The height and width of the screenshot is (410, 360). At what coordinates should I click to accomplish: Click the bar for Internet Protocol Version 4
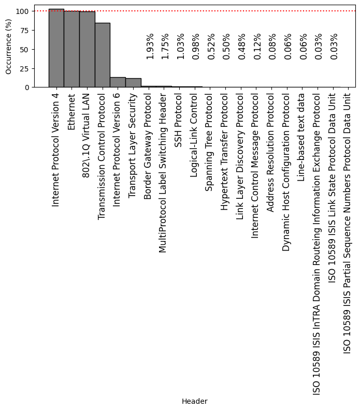pyautogui.click(x=56, y=48)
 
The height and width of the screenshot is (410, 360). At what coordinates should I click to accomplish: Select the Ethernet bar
pyautogui.click(x=71, y=49)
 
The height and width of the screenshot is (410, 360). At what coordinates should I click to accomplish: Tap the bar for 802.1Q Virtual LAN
pyautogui.click(x=87, y=49)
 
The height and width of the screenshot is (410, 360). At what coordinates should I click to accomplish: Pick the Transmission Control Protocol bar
pyautogui.click(x=102, y=55)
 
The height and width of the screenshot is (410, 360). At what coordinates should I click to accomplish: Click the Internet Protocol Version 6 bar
pyautogui.click(x=118, y=82)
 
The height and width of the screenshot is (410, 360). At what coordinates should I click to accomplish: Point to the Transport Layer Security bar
pyautogui.click(x=133, y=83)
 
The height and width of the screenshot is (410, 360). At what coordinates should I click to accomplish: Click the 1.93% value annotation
pyautogui.click(x=150, y=46)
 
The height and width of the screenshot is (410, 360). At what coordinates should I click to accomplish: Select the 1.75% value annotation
pyautogui.click(x=165, y=46)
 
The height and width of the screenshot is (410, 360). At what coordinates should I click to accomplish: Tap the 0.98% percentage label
pyautogui.click(x=196, y=46)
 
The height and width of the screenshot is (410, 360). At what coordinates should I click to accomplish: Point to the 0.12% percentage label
pyautogui.click(x=257, y=46)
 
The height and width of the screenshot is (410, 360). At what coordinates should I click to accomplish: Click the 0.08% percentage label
pyautogui.click(x=272, y=46)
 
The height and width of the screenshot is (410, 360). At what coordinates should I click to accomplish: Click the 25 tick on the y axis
pyautogui.click(x=24, y=68)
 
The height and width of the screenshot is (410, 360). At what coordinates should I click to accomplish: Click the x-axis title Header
pyautogui.click(x=194, y=401)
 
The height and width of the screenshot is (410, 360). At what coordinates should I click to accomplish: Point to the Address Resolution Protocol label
pyautogui.click(x=270, y=153)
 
